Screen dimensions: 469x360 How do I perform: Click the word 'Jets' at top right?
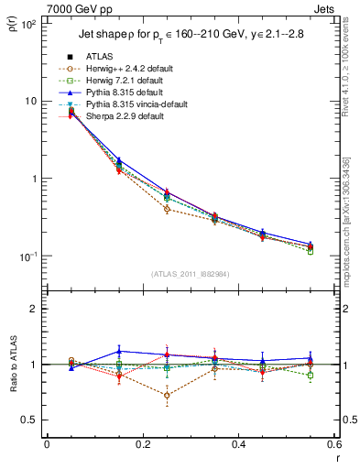pos(324,8)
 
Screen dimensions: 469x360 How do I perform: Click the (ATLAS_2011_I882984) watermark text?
pos(190,275)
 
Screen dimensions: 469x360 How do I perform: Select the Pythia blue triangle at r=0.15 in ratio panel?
pos(118,351)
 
